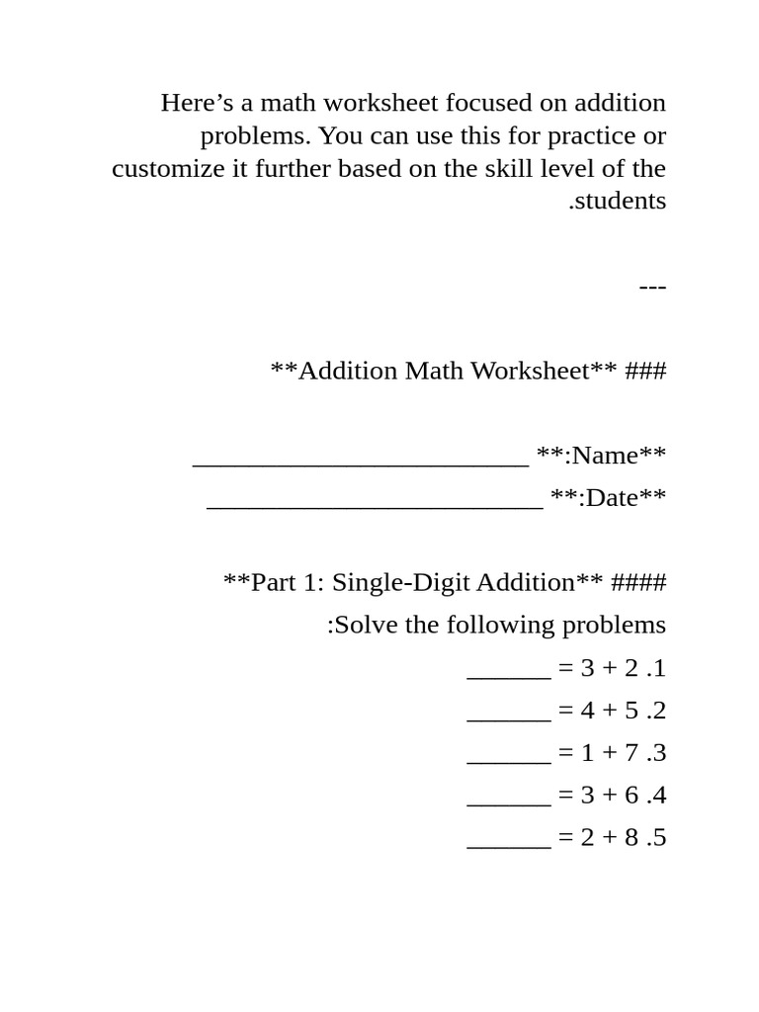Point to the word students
(621, 201)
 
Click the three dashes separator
(652, 286)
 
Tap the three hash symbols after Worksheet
(646, 371)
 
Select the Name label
(604, 456)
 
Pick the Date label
(611, 498)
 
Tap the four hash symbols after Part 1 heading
(639, 583)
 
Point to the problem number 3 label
(656, 753)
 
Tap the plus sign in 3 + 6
(610, 796)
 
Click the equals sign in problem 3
(565, 753)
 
